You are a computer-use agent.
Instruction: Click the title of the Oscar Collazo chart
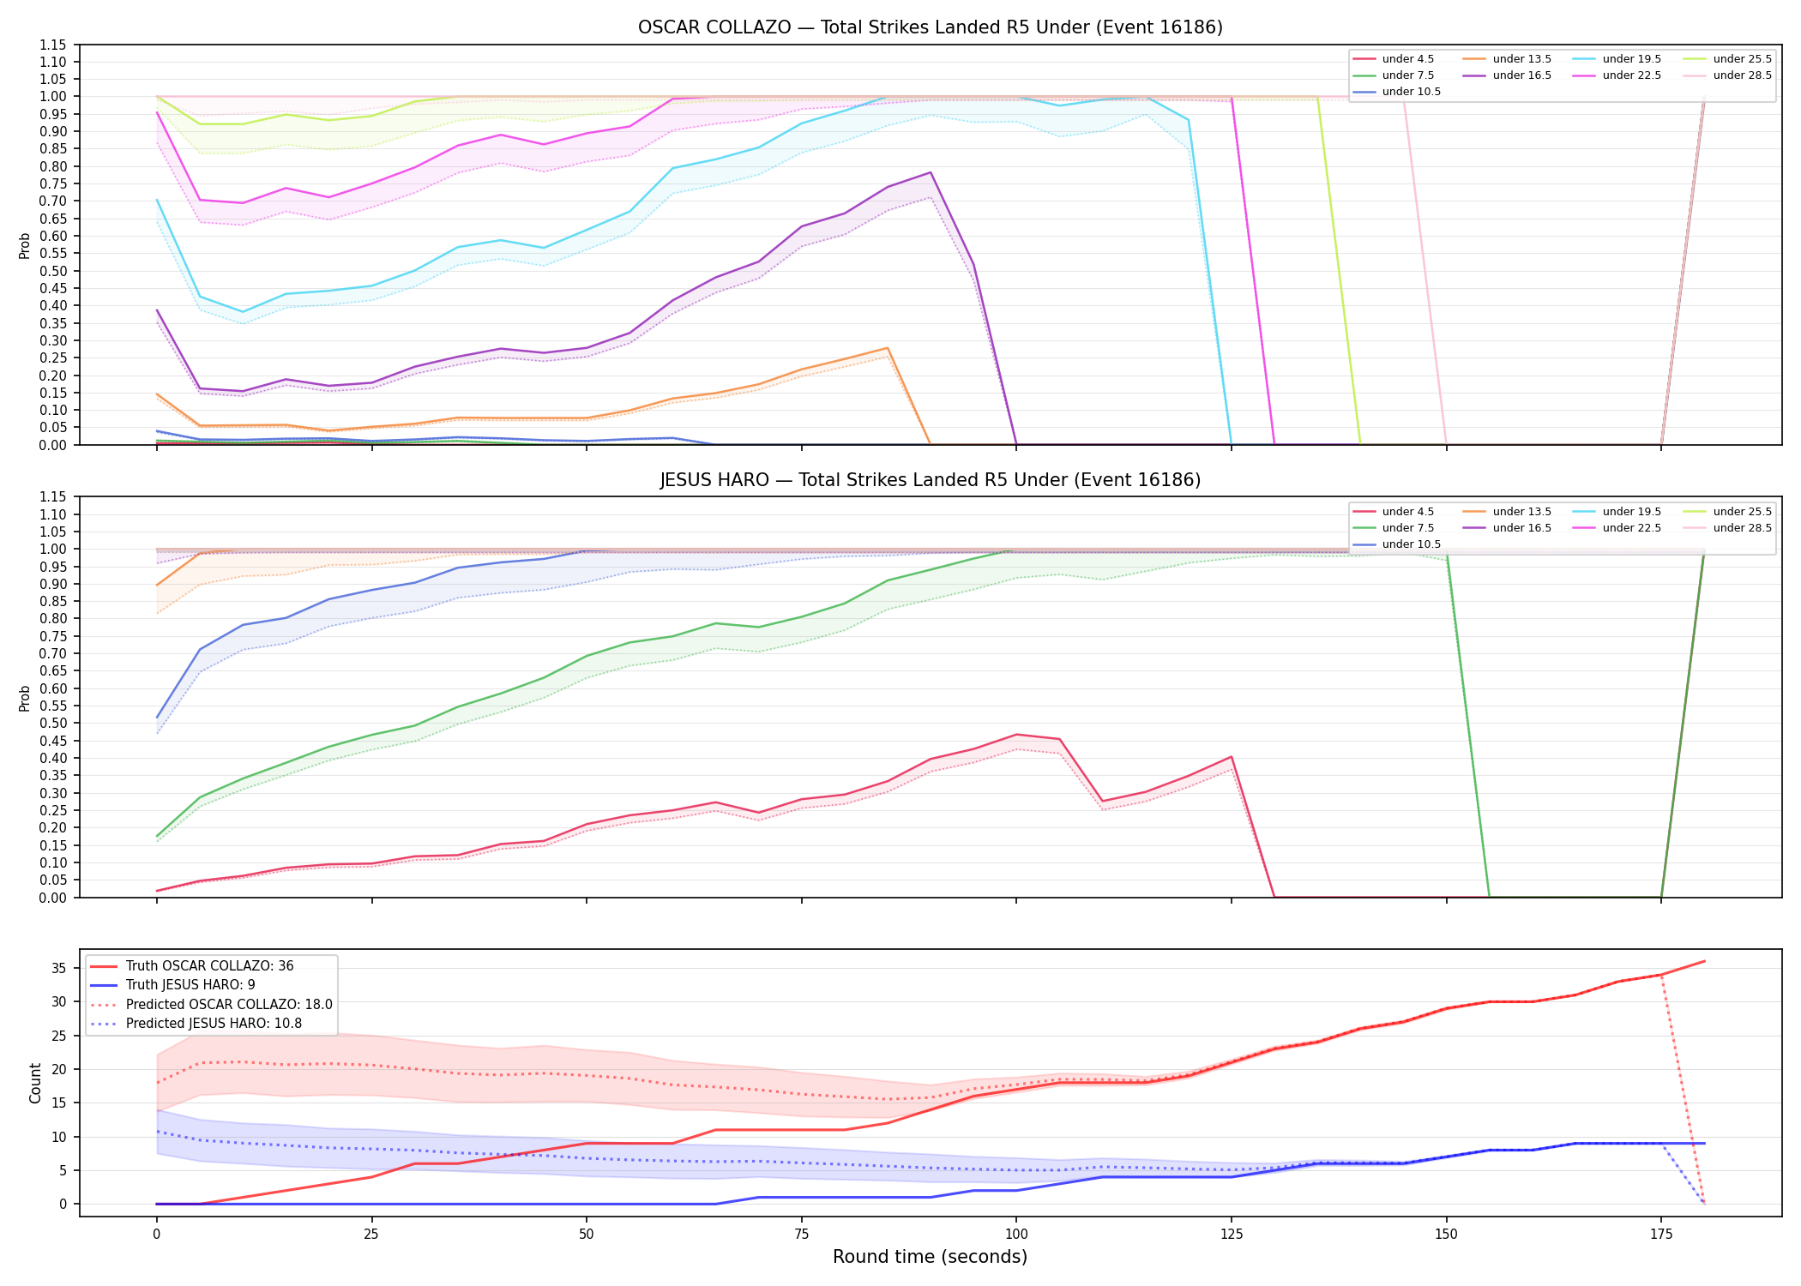point(931,27)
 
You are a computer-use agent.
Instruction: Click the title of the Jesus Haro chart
point(931,480)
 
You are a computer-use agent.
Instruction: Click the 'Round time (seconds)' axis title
point(931,1257)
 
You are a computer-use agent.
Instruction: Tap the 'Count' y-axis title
point(35,1083)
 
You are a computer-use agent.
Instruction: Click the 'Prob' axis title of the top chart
point(25,245)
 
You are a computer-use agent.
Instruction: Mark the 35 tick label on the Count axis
point(58,968)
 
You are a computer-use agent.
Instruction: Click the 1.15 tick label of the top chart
point(53,45)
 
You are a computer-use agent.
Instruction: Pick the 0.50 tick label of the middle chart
point(53,723)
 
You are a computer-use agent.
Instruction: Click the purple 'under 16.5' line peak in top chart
point(931,172)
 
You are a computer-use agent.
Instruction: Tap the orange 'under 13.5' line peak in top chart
point(888,348)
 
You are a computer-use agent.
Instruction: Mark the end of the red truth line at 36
point(1704,961)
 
